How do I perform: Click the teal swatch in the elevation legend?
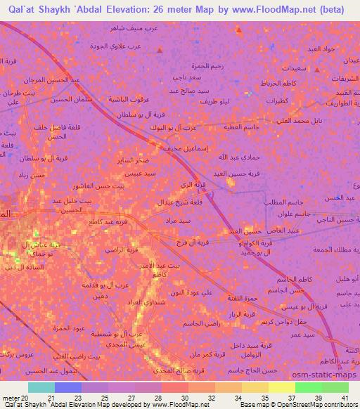click(x=41, y=387)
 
